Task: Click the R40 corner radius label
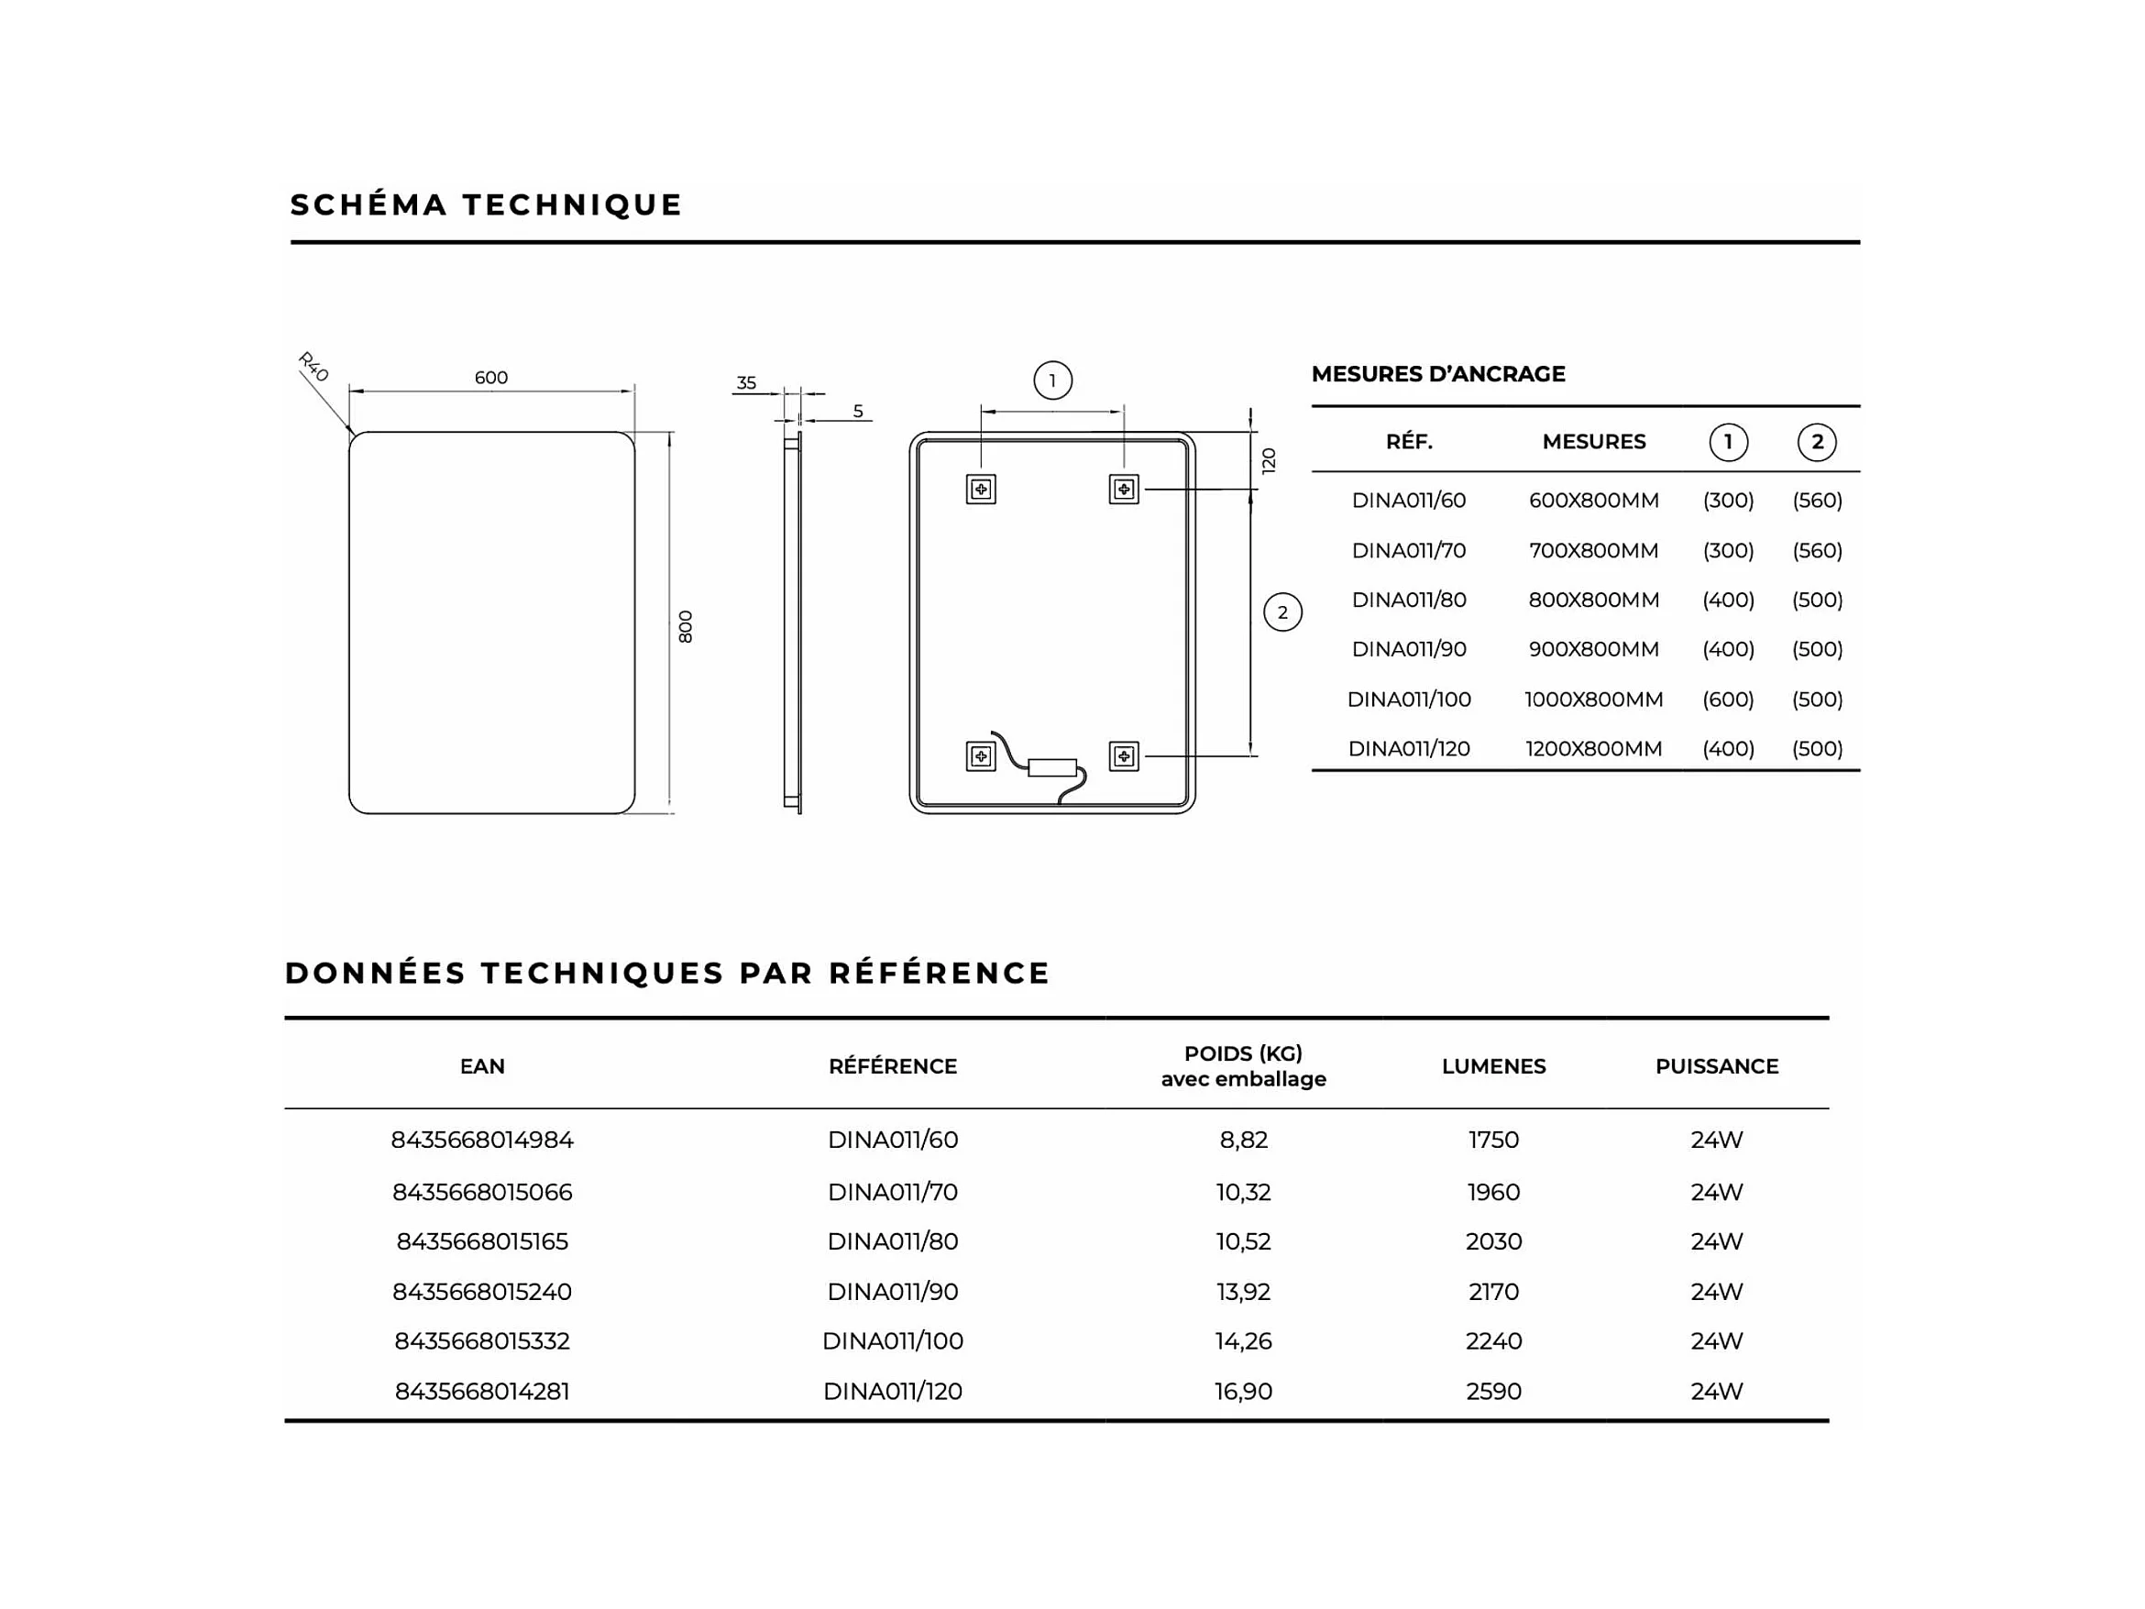313,367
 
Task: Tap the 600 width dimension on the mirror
490,378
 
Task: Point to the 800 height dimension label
686,626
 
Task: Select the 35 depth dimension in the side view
745,383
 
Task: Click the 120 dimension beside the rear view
1269,460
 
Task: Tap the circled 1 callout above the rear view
1052,380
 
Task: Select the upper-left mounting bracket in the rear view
981,489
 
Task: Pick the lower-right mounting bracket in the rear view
1123,755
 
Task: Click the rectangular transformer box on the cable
1052,767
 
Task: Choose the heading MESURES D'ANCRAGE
1438,373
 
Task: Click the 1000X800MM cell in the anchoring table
1593,700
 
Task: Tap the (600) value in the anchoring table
1728,700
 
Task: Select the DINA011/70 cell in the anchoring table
1408,551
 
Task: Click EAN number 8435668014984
482,1140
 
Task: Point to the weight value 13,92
1243,1292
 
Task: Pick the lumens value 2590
1493,1392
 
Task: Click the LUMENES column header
1493,1067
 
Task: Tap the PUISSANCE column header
1716,1067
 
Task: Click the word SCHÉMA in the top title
368,204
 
